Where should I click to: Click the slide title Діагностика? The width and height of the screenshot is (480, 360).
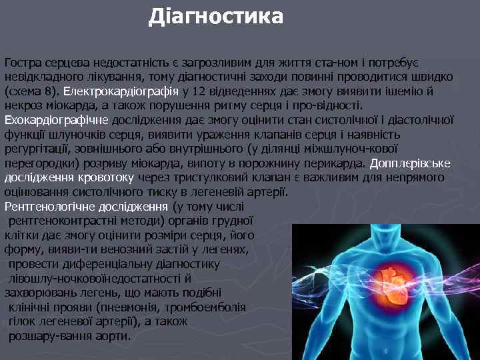click(216, 16)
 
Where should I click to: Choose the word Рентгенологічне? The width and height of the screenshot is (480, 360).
click(50, 207)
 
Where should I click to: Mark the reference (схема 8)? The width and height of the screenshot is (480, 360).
click(32, 91)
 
